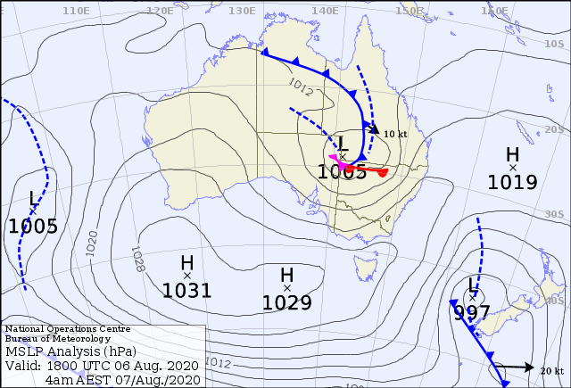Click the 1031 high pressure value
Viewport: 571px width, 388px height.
point(186,290)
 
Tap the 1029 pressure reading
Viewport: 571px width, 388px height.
point(286,302)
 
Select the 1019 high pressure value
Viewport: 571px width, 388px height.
point(512,182)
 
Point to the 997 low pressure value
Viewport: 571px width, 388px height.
point(472,313)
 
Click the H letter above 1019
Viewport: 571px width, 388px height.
point(512,155)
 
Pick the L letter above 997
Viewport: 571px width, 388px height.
point(472,285)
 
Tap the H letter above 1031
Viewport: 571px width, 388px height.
point(186,263)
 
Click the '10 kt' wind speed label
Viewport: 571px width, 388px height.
point(395,134)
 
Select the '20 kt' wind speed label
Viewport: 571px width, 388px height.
point(552,370)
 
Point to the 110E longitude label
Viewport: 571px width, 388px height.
point(77,10)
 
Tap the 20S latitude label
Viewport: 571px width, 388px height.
point(555,128)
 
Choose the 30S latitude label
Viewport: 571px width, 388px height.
point(555,214)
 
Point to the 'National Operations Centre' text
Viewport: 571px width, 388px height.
point(61,329)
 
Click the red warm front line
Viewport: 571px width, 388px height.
point(370,169)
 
